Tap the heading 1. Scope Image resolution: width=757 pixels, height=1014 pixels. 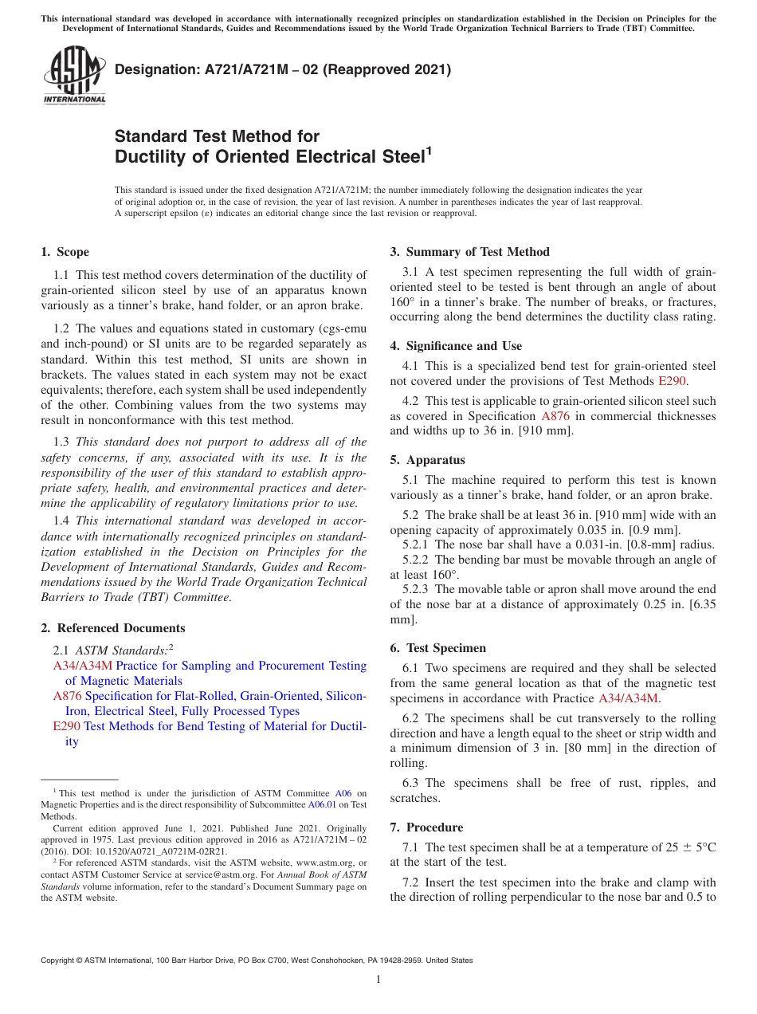pos(65,252)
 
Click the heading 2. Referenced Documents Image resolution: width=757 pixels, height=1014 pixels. pos(112,628)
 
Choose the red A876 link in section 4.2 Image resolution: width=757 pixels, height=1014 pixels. pos(555,416)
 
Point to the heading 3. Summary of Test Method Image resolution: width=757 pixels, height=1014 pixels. pos(469,252)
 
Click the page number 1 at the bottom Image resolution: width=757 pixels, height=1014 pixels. pos(378,980)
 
